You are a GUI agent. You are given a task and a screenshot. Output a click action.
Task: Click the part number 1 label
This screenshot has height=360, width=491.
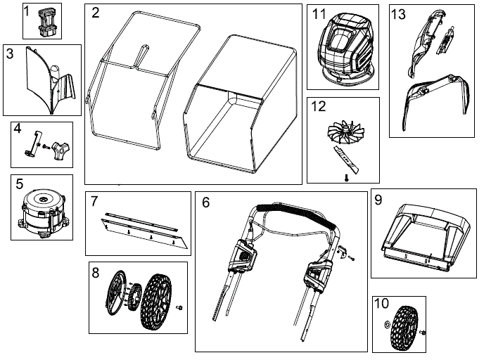point(27,12)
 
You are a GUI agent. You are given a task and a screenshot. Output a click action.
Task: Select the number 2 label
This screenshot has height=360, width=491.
point(95,13)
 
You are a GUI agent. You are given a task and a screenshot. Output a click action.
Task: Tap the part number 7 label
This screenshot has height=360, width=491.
point(94,202)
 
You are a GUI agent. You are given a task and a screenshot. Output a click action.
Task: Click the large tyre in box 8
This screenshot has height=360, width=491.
point(159,306)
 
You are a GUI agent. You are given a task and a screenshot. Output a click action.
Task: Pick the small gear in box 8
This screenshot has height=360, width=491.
point(134,296)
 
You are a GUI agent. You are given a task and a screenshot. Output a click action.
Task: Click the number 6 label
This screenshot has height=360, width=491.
point(205,202)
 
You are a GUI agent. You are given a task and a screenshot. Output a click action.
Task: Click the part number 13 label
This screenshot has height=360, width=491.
point(398,14)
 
